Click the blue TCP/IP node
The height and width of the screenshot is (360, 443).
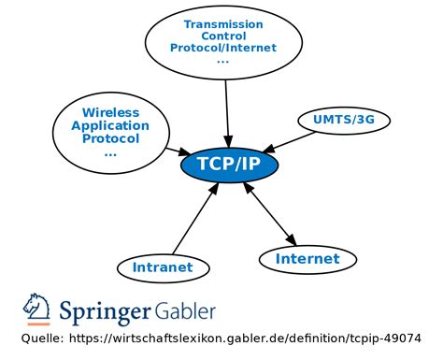pos(228,165)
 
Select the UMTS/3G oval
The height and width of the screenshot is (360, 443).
pos(343,121)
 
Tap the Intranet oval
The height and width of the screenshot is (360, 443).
pos(162,267)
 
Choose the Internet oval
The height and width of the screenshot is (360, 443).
pos(307,258)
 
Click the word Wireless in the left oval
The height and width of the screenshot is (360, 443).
pos(110,112)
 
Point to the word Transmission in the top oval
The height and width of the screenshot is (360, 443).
pos(222,24)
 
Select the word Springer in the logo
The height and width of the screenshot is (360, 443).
pos(106,310)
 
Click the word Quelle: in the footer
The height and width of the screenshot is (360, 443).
pos(43,338)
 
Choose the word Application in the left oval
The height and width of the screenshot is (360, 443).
pos(110,125)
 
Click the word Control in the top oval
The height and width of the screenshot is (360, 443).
pos(222,36)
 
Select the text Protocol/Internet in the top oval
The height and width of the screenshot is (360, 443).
pos(222,49)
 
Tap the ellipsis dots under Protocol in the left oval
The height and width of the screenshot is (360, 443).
pos(110,152)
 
